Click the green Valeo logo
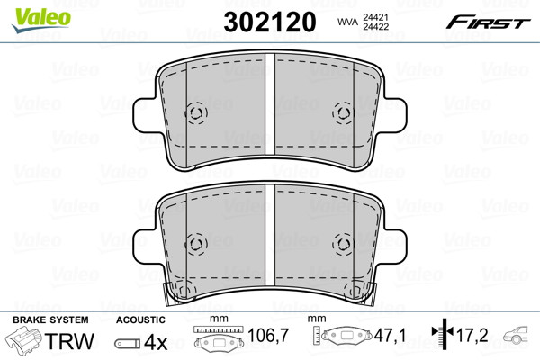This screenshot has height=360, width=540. pyautogui.click(x=41, y=20)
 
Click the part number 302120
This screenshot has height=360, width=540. pyautogui.click(x=270, y=22)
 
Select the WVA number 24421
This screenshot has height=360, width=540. pyautogui.click(x=375, y=17)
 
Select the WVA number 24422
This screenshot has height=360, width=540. pyautogui.click(x=375, y=26)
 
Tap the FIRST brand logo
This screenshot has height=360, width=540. pyautogui.click(x=488, y=22)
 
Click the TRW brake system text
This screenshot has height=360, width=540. pyautogui.click(x=70, y=341)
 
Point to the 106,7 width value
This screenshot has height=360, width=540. pyautogui.click(x=268, y=335)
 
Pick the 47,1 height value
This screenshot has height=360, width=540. pyautogui.click(x=391, y=335)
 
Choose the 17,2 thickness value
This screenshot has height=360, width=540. pyautogui.click(x=472, y=335)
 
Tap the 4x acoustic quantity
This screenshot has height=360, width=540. pyautogui.click(x=156, y=342)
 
